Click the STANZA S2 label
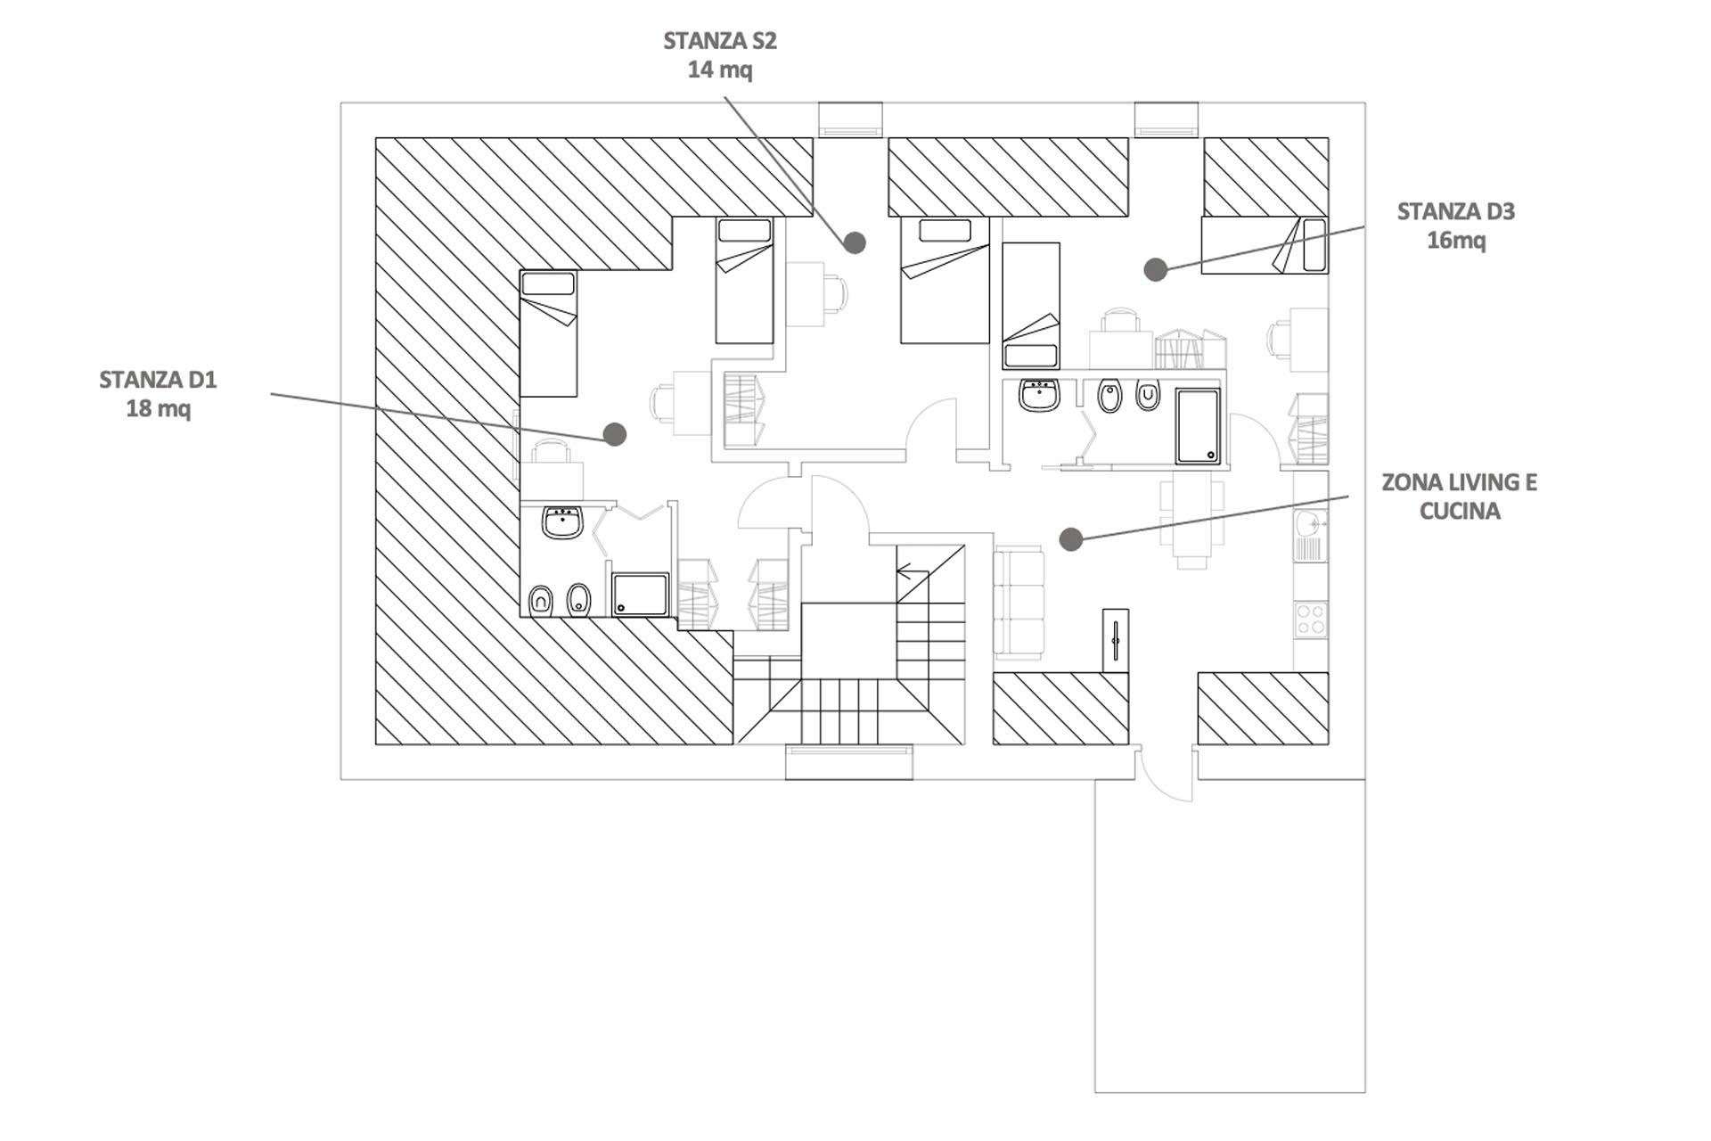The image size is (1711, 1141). (720, 41)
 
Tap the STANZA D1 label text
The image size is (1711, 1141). (158, 381)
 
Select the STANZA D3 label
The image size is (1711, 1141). (1455, 212)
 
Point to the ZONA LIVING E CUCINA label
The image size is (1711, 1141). (1459, 497)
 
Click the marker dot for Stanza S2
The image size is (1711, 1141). (855, 242)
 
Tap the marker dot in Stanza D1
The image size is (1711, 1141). (615, 434)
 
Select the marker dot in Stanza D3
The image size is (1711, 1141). (1156, 269)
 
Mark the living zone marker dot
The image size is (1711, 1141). (1071, 538)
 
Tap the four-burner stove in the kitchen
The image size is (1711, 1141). (1311, 620)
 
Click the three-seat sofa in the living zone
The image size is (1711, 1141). (1019, 603)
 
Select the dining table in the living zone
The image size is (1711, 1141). (1191, 518)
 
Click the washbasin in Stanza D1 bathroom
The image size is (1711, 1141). (562, 522)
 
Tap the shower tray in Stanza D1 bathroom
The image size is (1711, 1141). (640, 595)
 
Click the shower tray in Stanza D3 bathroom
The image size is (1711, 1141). (1198, 426)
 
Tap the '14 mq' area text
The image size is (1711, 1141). (720, 70)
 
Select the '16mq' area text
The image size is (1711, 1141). (1456, 241)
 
